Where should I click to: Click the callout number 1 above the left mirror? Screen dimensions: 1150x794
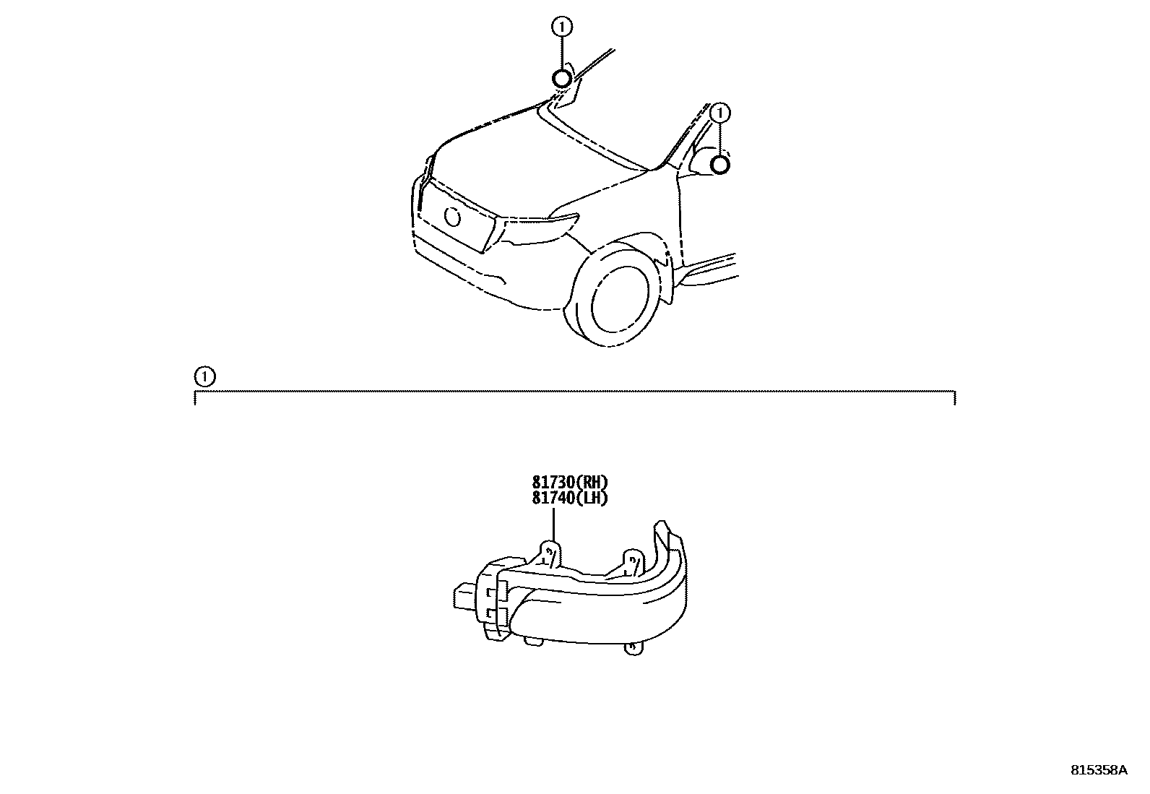(562, 27)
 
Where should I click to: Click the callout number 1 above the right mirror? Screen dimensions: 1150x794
(720, 113)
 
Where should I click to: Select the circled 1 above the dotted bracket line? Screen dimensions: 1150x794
(205, 376)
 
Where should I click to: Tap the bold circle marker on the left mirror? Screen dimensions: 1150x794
(562, 78)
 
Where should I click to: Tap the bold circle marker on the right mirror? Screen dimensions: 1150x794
(720, 165)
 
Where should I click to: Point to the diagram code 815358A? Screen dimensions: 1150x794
(1098, 770)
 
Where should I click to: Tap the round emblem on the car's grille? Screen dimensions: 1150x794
(454, 215)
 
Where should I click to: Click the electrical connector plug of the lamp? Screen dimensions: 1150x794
(464, 597)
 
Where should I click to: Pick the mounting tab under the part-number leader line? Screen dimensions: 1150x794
(550, 553)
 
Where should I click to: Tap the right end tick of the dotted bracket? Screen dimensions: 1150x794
(955, 397)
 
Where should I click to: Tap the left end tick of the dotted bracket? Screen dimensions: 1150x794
(195, 397)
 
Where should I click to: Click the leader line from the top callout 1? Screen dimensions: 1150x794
(562, 52)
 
